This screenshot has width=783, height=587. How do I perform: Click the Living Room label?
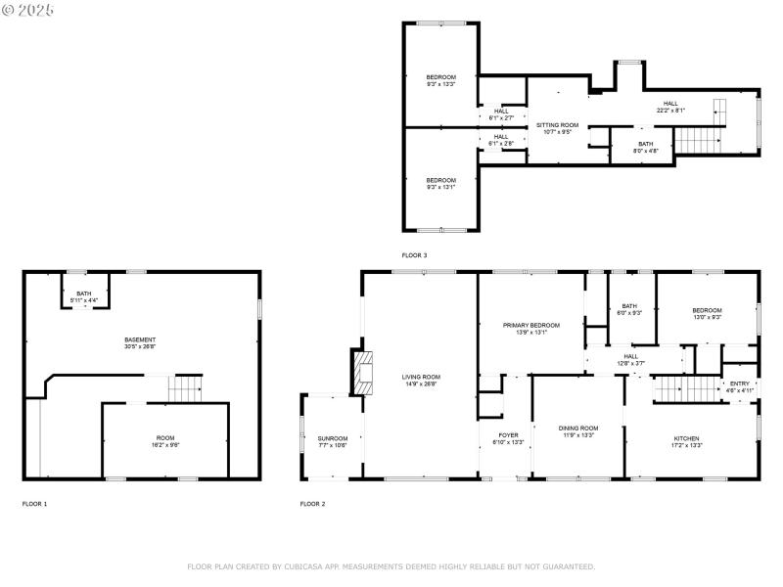(x=421, y=380)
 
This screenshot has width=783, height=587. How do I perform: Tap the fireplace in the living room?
(x=362, y=372)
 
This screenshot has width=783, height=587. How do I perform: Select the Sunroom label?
(x=332, y=441)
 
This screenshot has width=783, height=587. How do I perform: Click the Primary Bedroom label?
(x=531, y=328)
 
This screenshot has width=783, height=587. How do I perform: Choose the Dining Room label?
(x=577, y=430)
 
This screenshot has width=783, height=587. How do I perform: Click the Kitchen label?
(x=686, y=441)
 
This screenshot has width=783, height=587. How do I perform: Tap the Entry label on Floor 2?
(x=739, y=386)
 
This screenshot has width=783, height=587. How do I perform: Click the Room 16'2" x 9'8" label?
(x=166, y=440)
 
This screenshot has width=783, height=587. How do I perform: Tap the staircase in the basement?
(x=185, y=388)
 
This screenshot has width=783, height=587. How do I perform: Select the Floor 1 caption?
(x=34, y=504)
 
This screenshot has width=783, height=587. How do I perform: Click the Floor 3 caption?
(x=414, y=255)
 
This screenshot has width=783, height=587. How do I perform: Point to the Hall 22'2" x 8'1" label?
(x=669, y=107)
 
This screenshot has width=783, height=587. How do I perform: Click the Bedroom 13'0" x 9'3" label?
(x=707, y=313)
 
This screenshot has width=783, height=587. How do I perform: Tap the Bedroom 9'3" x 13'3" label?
(x=440, y=80)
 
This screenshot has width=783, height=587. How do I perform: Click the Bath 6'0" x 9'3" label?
(x=629, y=309)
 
